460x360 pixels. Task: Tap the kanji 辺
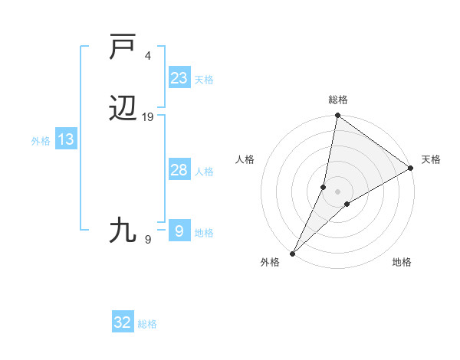pos(124,111)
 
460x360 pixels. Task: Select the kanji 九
pos(124,230)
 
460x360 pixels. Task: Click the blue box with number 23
pos(179,78)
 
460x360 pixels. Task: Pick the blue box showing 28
pos(179,170)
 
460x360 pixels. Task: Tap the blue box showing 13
pos(66,139)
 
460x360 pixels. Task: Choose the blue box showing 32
pos(123,322)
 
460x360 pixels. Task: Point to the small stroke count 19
pos(148,117)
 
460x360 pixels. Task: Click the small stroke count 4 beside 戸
pos(148,56)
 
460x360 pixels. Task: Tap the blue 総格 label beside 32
pos(148,324)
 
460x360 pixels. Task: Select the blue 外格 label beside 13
pos(40,141)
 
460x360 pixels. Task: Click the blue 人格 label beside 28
pos(204,172)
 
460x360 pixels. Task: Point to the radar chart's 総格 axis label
pos(338,100)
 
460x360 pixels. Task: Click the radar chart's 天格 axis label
pos(431,159)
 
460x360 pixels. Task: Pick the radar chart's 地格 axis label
pos(402,262)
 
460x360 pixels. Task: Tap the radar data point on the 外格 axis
pos(292,253)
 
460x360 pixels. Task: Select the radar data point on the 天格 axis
pos(411,168)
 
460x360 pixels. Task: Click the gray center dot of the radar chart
pos(338,191)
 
